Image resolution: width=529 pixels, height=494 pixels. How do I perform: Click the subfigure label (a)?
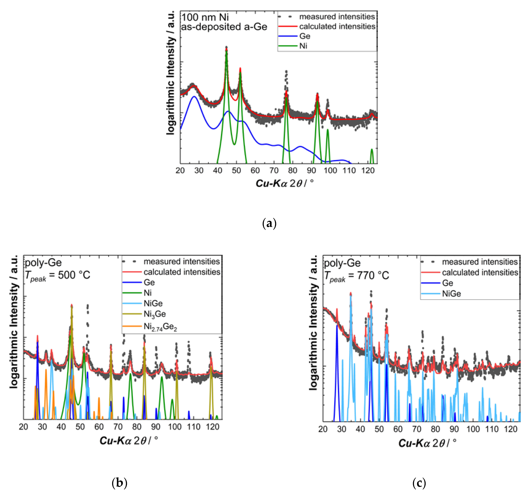coord(269,223)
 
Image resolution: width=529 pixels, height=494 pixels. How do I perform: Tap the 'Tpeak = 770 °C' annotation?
coord(357,276)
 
